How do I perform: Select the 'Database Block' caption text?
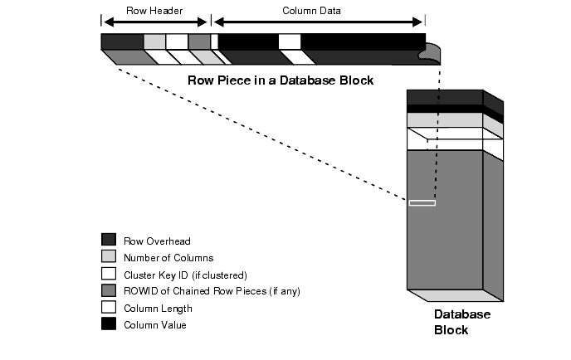(x=462, y=322)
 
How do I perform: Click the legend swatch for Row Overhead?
(x=108, y=241)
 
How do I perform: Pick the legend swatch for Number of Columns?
(x=108, y=257)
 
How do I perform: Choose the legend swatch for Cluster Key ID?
(x=108, y=274)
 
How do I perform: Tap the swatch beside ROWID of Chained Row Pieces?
(x=108, y=290)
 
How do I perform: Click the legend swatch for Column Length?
(x=108, y=307)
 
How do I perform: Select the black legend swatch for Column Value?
(x=108, y=324)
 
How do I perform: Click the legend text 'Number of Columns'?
(x=168, y=258)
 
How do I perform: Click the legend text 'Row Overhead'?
(x=158, y=241)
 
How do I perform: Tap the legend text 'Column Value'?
(x=155, y=324)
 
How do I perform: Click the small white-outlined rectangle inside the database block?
(x=422, y=202)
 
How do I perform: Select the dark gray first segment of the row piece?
(x=121, y=41)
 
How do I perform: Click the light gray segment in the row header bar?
(x=154, y=41)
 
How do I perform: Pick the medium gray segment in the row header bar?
(x=199, y=41)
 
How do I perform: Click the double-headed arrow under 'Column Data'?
(x=319, y=21)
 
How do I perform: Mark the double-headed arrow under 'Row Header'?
(x=155, y=21)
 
